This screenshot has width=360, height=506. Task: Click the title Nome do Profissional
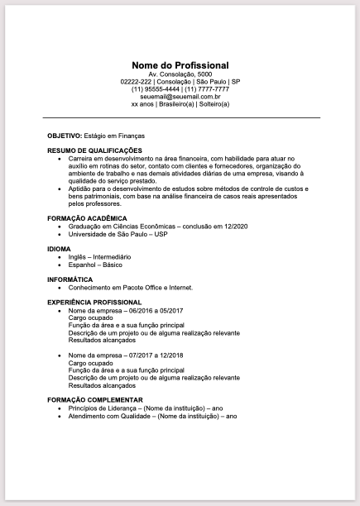[x=180, y=65]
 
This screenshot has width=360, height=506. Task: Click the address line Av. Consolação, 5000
[x=180, y=74]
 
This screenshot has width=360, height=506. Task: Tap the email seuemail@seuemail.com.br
[x=180, y=97]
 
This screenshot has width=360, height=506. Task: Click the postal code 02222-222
[x=136, y=82]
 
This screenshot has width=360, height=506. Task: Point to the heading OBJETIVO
[x=64, y=133]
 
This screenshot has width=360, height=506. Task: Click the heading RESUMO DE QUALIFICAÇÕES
[x=95, y=150]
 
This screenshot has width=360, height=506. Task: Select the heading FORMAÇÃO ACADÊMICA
[x=88, y=217]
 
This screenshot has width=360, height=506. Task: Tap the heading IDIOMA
[x=59, y=248]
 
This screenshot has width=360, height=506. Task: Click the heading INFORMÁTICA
[x=70, y=279]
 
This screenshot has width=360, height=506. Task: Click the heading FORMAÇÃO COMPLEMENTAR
[x=96, y=400]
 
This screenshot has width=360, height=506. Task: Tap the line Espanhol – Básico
[x=95, y=265]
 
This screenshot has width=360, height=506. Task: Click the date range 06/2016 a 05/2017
[x=155, y=310]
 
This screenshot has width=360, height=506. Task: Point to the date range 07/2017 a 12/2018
[x=155, y=355]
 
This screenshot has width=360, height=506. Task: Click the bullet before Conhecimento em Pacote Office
[x=60, y=288]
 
